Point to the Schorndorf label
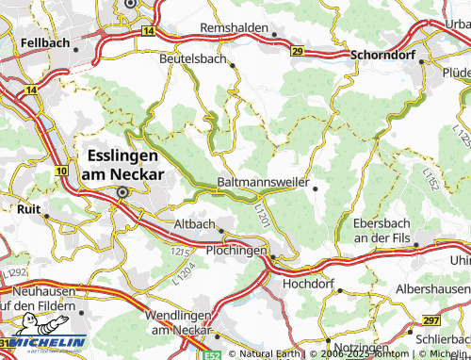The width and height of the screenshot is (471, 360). click(x=383, y=55)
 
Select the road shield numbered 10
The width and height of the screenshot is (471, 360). click(x=61, y=171)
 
